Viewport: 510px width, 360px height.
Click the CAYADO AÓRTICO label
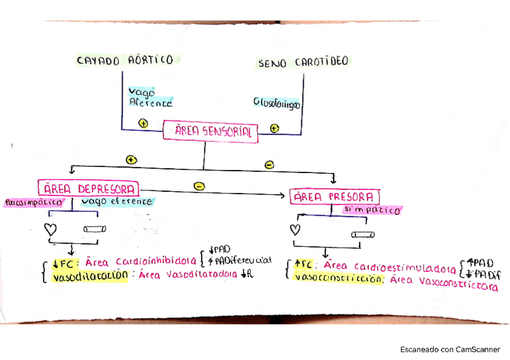tap(124, 60)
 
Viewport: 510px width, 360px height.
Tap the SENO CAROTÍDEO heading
tap(304, 63)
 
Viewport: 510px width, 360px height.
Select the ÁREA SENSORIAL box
tap(211, 132)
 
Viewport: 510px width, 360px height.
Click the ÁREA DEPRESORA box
tap(88, 188)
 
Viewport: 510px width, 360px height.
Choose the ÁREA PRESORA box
tap(335, 197)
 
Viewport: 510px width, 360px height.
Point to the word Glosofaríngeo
tap(276, 103)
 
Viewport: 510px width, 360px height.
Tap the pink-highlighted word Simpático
tap(372, 210)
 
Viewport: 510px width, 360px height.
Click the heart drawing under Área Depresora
tap(52, 229)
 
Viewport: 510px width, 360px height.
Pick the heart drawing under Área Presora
tap(295, 229)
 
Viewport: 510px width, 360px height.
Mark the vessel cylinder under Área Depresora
tap(95, 229)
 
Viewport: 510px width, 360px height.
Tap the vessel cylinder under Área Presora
tap(363, 234)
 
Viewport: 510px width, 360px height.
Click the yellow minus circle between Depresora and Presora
tap(199, 187)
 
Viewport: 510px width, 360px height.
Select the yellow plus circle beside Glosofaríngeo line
tap(274, 128)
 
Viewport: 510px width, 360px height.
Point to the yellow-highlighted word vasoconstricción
tap(338, 279)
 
